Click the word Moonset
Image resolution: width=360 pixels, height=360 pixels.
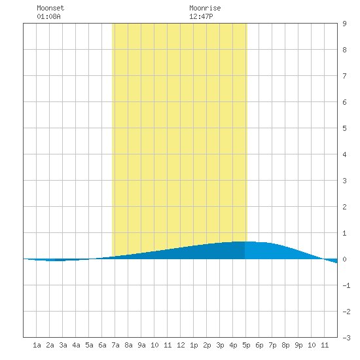tap(50, 8)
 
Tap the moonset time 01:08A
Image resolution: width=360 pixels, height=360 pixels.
tap(48, 16)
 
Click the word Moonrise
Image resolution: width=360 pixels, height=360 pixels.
tap(205, 8)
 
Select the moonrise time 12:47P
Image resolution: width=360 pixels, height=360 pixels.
tap(201, 16)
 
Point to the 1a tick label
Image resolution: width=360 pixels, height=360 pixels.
tap(37, 345)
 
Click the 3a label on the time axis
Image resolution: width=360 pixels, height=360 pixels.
tap(63, 345)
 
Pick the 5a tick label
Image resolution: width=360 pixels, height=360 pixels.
tap(89, 345)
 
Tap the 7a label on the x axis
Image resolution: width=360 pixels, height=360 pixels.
tap(115, 345)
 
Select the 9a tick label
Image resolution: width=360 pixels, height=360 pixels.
tap(141, 345)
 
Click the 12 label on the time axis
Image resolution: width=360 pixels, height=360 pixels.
tap(181, 345)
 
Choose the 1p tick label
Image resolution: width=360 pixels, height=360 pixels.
tap(194, 345)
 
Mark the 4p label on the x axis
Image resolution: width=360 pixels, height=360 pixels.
tap(233, 345)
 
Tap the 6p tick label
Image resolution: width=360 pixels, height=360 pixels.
tap(259, 345)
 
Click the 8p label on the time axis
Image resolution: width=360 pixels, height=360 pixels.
tap(285, 345)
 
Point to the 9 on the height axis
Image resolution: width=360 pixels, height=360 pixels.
tap(344, 24)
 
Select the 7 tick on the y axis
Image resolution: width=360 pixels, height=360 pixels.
tap(344, 76)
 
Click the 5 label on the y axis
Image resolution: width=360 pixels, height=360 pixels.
tap(344, 128)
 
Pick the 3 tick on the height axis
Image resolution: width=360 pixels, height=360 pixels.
tap(344, 181)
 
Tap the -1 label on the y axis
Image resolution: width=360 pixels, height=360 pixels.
tap(346, 285)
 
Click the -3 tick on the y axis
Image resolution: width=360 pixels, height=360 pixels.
tap(346, 338)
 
